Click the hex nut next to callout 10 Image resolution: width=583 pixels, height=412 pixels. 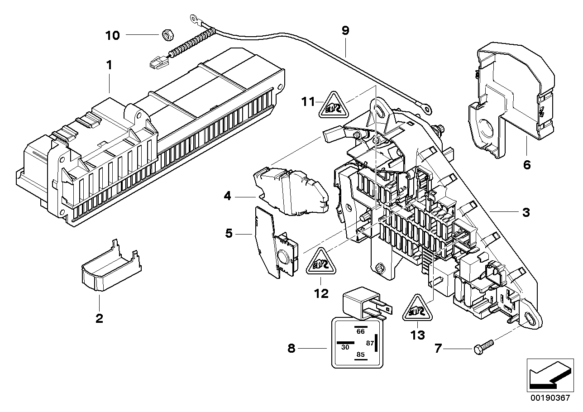click(166, 34)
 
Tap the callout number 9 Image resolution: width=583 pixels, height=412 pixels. click(345, 31)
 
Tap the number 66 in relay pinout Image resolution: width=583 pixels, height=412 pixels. click(360, 331)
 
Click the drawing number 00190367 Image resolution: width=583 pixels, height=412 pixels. click(549, 398)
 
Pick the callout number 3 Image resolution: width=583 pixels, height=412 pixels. click(526, 212)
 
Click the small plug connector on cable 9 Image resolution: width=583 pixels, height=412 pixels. click(156, 62)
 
